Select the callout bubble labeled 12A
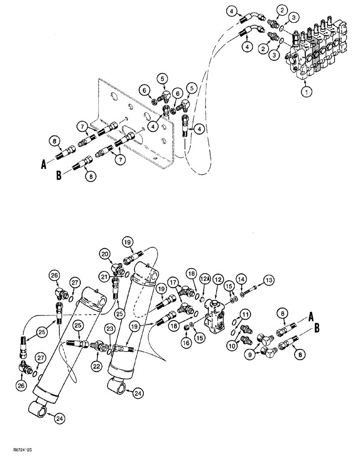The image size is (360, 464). point(206,278)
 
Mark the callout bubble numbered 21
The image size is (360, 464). point(105,277)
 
